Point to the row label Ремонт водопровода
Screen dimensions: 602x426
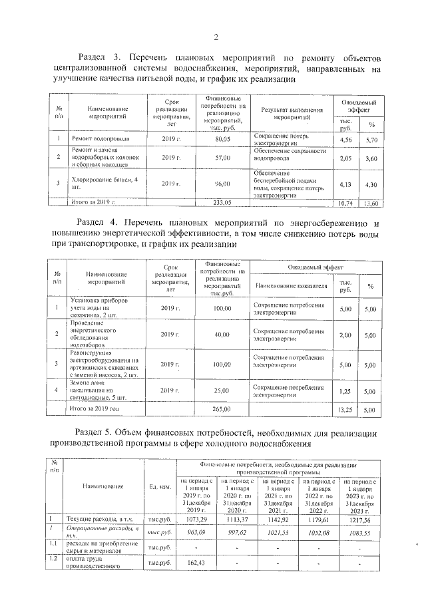coord(101,139)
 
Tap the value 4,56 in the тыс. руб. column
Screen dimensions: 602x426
coord(345,139)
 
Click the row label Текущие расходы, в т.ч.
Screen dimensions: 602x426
coord(97,518)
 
